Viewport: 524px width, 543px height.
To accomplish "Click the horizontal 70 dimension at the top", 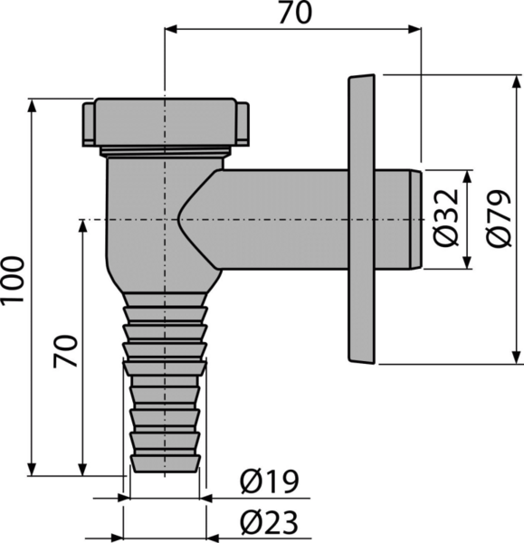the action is (x=295, y=14).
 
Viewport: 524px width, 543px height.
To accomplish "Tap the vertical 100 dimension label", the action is (x=13, y=280).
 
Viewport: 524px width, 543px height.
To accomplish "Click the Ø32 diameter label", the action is (x=446, y=218).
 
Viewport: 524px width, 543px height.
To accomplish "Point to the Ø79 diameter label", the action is (x=500, y=218).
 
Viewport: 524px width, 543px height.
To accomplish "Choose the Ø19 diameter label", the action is (x=269, y=481).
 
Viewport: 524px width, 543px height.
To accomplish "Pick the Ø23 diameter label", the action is (x=269, y=522).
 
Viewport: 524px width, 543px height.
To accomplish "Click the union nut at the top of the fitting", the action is (x=166, y=122).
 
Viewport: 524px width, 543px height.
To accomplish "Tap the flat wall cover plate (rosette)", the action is (x=361, y=219).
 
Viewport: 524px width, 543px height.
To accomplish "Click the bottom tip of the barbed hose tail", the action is (x=166, y=472).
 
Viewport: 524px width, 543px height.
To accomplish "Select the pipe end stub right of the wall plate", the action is (x=398, y=220).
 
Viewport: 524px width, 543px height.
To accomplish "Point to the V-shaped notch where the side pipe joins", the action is (x=177, y=220).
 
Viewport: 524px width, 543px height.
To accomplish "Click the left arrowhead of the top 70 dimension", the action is (x=171, y=30).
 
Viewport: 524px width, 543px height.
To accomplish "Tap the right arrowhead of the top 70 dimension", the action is (x=414, y=30).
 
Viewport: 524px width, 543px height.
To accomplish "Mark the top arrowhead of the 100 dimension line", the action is (x=32, y=106).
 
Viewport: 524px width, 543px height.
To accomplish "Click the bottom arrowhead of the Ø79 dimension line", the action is (x=517, y=357).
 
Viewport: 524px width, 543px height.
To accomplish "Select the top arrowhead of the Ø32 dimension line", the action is (x=467, y=176).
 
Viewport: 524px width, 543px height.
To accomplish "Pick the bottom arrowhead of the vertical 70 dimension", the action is (x=82, y=469).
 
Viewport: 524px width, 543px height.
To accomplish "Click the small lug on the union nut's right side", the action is (x=243, y=123).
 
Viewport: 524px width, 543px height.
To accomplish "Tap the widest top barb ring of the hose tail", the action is (x=166, y=368).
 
